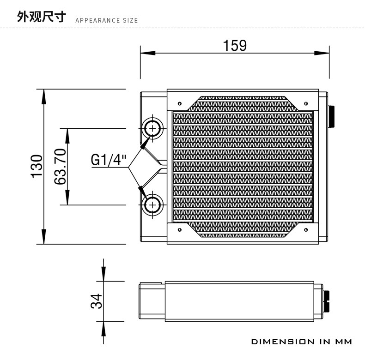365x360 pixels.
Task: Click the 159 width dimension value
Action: [x=235, y=46]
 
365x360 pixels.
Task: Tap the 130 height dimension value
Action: [x=36, y=166]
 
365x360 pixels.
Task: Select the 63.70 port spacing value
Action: [x=61, y=166]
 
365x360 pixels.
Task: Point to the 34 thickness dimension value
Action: [x=96, y=301]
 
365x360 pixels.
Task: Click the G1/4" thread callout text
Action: [x=109, y=160]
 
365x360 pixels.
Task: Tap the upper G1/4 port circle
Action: [x=152, y=127]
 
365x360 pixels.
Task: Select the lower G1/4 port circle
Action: [x=152, y=204]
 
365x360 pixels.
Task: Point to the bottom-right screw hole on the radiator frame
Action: [x=306, y=228]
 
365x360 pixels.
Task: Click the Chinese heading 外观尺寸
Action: [x=42, y=17]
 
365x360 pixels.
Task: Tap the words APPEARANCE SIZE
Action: [x=106, y=20]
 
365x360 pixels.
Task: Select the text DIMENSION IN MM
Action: [x=302, y=342]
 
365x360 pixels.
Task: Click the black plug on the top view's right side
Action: [x=331, y=117]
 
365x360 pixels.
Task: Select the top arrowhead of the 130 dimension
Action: [x=44, y=96]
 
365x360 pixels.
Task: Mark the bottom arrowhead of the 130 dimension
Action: [x=44, y=236]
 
